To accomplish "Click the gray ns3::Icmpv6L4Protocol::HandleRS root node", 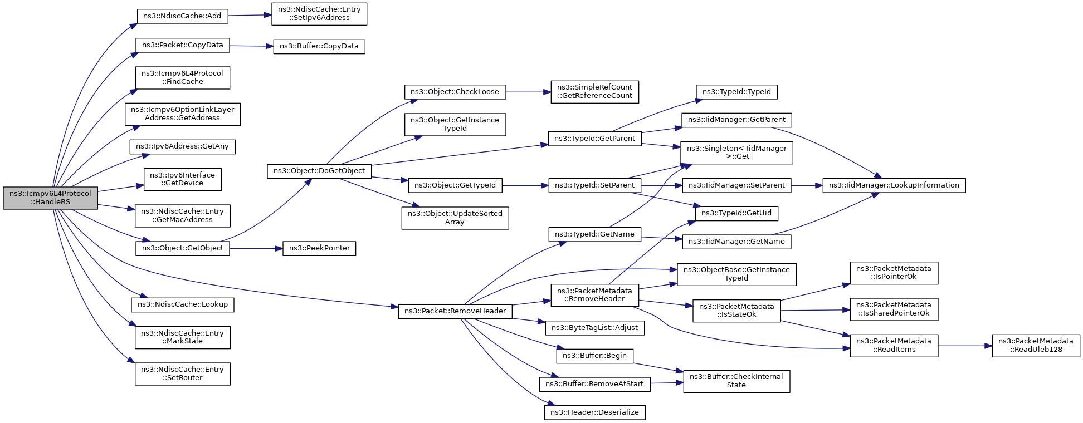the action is click(51, 198).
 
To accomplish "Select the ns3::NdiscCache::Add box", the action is click(182, 16).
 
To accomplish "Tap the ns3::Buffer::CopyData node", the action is click(319, 46).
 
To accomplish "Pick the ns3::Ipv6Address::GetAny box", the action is click(183, 147).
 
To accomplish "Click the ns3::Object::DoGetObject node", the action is click(319, 171).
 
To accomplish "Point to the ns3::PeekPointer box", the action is click(319, 248).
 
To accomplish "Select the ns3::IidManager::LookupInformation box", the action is click(894, 185).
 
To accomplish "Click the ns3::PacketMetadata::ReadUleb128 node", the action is click(1036, 346).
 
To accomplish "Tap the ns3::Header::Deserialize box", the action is click(594, 412).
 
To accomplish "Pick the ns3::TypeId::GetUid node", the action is click(736, 214).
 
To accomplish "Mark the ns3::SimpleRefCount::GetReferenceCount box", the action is click(594, 92).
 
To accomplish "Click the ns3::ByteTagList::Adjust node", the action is click(594, 328).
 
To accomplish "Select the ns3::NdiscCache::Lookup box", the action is click(183, 304).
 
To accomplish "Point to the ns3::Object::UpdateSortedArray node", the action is click(455, 218).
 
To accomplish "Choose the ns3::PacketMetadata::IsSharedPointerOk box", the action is click(894, 309).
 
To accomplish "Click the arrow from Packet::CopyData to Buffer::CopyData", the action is click(251, 46).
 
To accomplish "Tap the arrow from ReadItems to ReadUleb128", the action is click(965, 346).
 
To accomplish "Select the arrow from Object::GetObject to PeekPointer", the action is click(256, 249).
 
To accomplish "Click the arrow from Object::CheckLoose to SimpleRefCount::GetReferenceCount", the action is click(528, 92).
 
